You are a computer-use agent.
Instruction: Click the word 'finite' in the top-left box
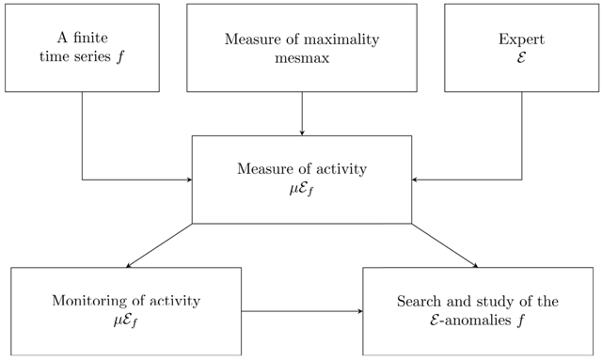pos(90,38)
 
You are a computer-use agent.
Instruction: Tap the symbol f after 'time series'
pos(120,57)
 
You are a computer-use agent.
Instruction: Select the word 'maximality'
pos(341,39)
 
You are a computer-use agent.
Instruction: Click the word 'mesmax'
pos(302,58)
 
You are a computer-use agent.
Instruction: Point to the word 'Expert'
pos(521,39)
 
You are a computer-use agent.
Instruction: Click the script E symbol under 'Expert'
pos(521,57)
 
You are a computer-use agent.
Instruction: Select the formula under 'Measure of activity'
pos(302,190)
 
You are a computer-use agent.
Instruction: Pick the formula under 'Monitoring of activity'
pos(125,321)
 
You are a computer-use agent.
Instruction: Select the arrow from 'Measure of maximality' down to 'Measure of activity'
pos(302,114)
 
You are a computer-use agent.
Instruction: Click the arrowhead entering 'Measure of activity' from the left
pos(189,180)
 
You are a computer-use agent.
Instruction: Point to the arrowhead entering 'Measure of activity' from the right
pos(414,180)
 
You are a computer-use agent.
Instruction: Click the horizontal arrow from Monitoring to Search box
pos(302,311)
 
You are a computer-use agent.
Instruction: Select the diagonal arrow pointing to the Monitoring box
pos(159,245)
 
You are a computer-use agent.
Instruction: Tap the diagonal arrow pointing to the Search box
pos(445,245)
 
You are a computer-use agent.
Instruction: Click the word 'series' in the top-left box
pos(93,56)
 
